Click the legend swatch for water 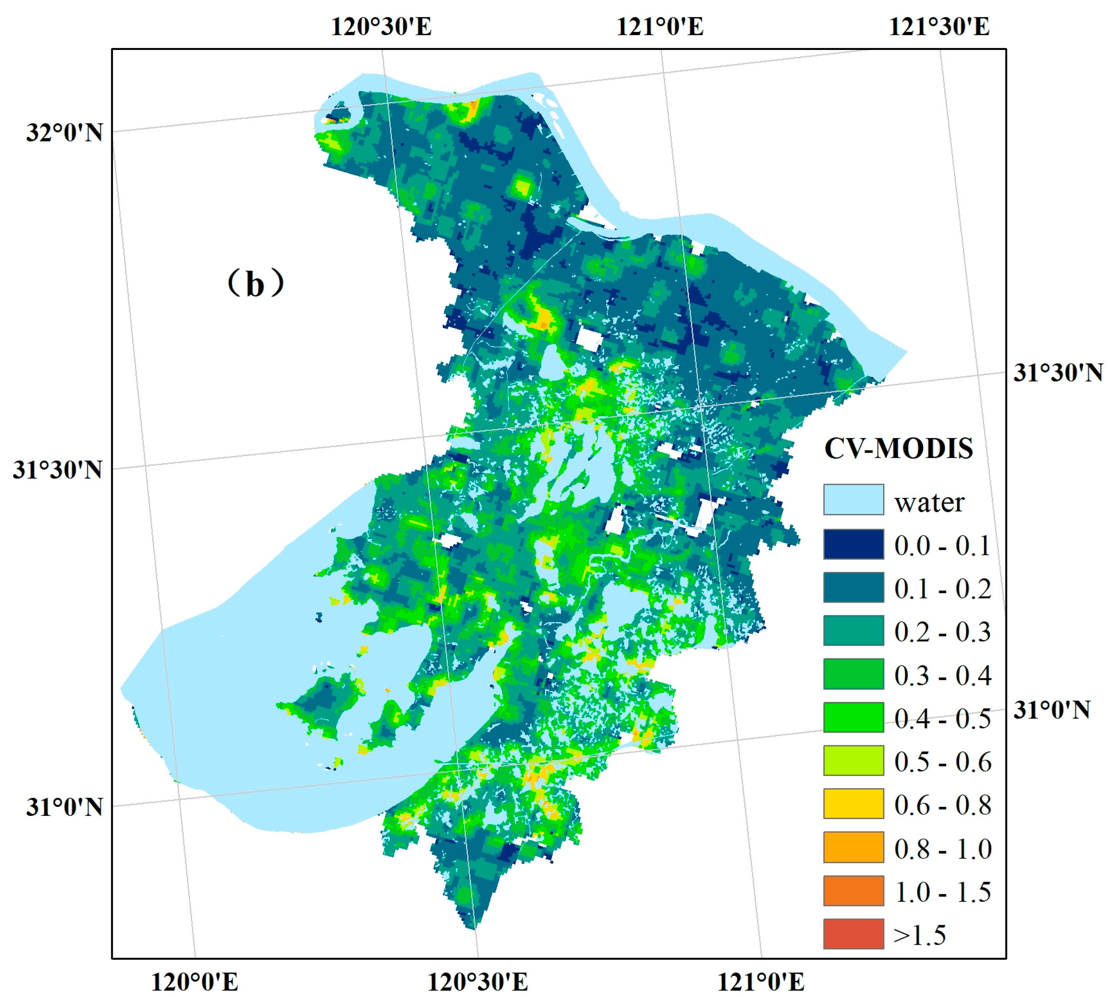(x=853, y=499)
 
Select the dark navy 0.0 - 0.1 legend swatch (x=853, y=543)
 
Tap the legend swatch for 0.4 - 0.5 (x=853, y=717)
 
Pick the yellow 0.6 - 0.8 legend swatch (x=853, y=803)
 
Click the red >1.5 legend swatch (x=853, y=933)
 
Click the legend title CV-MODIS (x=899, y=448)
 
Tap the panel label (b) (x=256, y=284)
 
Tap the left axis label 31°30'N (x=58, y=470)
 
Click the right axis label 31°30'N (x=1057, y=373)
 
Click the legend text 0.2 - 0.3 (x=942, y=632)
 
